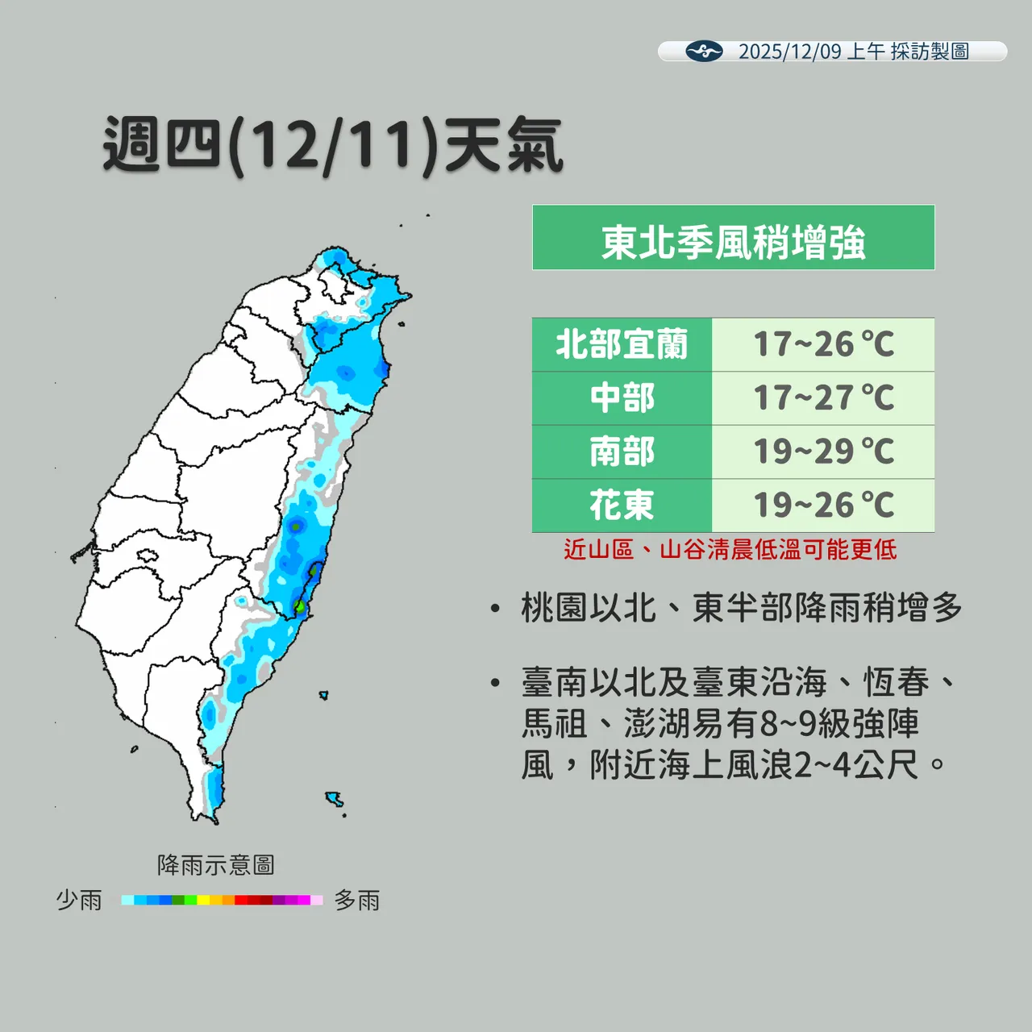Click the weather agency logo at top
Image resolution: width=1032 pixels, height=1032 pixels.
[704, 52]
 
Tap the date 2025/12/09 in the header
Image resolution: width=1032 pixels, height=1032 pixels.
[789, 52]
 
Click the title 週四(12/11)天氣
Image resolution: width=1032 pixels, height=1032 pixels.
[333, 146]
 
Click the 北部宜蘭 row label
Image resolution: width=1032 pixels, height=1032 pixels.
[622, 344]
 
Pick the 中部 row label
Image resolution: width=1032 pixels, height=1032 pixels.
[622, 398]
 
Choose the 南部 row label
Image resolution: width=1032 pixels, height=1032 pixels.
[622, 451]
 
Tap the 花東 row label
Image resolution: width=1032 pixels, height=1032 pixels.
[622, 506]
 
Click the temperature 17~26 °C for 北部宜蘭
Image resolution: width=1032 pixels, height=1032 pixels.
[823, 344]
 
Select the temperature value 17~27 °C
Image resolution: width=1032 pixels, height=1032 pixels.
[823, 398]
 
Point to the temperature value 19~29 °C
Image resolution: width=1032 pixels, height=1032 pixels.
[823, 451]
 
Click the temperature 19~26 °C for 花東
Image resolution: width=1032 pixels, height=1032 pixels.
[823, 506]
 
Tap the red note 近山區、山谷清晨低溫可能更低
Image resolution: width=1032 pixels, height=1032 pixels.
[730, 550]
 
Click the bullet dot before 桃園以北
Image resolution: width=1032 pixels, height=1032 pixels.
[496, 609]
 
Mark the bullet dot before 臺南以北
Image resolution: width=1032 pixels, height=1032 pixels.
[496, 684]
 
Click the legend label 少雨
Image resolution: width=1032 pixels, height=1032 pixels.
[79, 900]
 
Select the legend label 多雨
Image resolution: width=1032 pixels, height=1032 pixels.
[357, 900]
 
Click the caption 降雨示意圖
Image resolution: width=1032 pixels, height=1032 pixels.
[216, 865]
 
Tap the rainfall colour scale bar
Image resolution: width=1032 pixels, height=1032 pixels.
[222, 900]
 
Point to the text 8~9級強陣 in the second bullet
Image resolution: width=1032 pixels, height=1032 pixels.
[838, 723]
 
